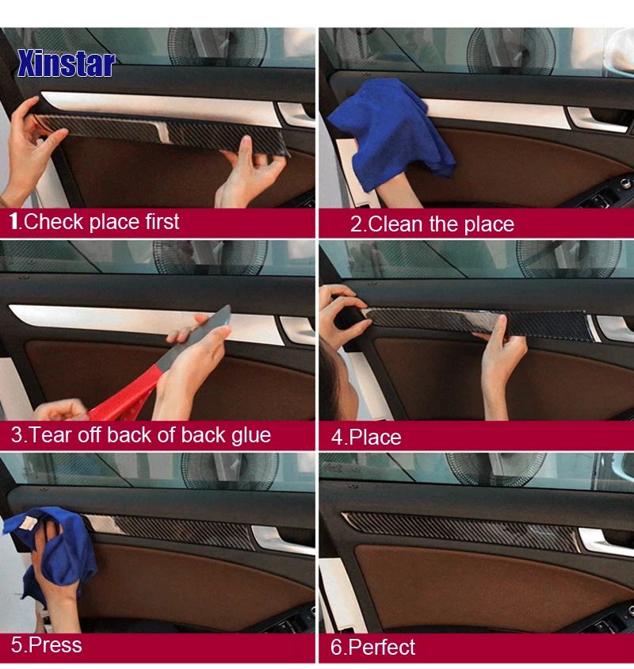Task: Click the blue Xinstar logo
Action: pyautogui.click(x=66, y=63)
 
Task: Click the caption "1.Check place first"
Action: pyautogui.click(x=94, y=222)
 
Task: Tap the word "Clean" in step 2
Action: pyautogui.click(x=395, y=224)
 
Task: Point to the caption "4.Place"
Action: pyautogui.click(x=366, y=438)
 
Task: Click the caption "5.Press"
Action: pyautogui.click(x=47, y=644)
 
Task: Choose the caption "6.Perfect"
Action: pyautogui.click(x=372, y=647)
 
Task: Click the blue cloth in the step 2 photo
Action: pyautogui.click(x=391, y=132)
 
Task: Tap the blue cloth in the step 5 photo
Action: pyautogui.click(x=52, y=550)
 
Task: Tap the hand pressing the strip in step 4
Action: pyautogui.click(x=502, y=363)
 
